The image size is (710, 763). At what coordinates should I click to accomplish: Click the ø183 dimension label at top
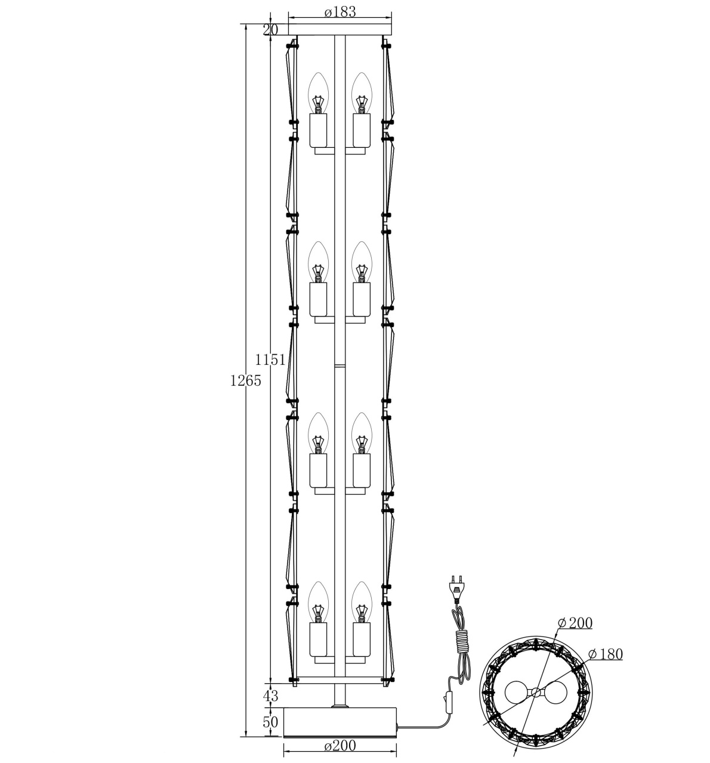(x=340, y=13)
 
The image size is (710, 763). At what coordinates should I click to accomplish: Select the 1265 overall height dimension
(x=245, y=380)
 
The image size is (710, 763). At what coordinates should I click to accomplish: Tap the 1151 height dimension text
(x=270, y=359)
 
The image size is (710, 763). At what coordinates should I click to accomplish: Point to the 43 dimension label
(x=270, y=696)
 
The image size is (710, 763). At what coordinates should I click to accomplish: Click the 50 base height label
(x=270, y=722)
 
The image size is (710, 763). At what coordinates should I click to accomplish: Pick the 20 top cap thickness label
(x=270, y=30)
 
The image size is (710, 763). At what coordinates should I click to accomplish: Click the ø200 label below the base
(x=340, y=746)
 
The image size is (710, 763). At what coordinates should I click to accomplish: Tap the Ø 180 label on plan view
(x=606, y=654)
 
